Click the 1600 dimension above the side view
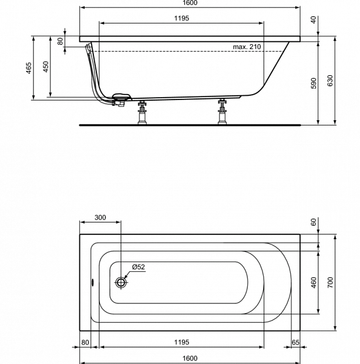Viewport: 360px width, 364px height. tap(190, 3)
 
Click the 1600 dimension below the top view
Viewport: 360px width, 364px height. tap(190, 358)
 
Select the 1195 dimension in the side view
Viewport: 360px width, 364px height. tap(182, 18)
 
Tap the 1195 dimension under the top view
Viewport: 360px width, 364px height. tap(182, 342)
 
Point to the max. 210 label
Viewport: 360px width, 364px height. tap(247, 47)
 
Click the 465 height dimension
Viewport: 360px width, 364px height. tap(28, 68)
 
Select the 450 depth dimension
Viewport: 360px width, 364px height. tap(46, 67)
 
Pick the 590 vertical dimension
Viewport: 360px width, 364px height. tap(313, 83)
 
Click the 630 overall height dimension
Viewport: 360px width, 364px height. tap(330, 81)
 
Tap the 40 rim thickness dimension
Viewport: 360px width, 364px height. tap(313, 20)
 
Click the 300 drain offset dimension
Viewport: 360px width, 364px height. tap(100, 218)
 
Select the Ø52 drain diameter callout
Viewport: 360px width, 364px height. tap(138, 267)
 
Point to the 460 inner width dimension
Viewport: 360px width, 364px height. tap(313, 283)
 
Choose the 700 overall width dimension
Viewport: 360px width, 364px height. tap(330, 283)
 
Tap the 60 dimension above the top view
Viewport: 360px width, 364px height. tap(313, 222)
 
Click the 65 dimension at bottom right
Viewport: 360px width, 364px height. tap(296, 342)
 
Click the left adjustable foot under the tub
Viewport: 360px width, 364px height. tap(142, 113)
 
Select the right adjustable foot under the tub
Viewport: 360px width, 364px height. tap(222, 112)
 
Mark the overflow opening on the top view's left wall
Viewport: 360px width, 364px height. tap(93, 282)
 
